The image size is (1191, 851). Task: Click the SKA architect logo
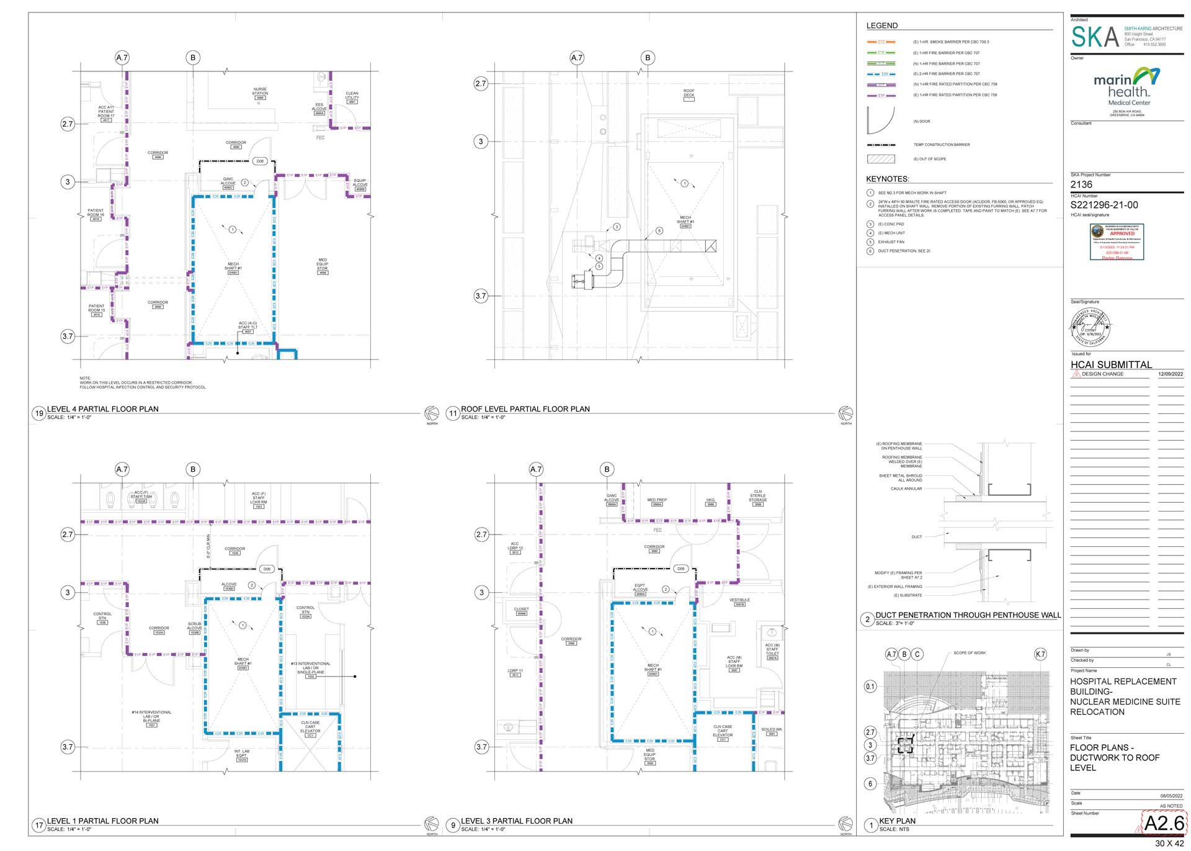(1095, 37)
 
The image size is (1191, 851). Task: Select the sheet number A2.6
(1164, 822)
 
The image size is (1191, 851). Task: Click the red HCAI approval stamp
(1117, 241)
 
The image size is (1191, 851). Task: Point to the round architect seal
(1090, 326)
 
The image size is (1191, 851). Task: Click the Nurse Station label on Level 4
(260, 93)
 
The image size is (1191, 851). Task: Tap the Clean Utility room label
(352, 96)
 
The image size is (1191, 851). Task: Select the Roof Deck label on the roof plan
(689, 93)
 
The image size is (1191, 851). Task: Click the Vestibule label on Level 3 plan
(739, 600)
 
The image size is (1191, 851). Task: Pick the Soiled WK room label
(772, 730)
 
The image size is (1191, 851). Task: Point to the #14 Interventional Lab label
(151, 716)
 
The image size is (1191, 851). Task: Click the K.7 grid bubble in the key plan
(1040, 654)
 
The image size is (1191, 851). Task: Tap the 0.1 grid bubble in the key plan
(870, 687)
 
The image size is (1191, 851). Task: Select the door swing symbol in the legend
(880, 120)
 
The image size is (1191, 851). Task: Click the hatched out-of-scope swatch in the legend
(880, 159)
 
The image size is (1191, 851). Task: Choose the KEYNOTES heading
(887, 179)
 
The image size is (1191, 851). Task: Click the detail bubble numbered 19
(39, 413)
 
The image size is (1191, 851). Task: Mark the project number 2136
(1081, 184)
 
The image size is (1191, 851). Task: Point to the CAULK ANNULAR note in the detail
(906, 489)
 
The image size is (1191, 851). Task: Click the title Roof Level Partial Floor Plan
(525, 409)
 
